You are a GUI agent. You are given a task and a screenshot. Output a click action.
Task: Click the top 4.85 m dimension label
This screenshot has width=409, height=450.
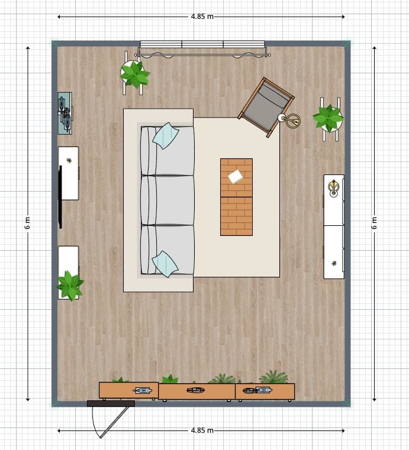coord(202,17)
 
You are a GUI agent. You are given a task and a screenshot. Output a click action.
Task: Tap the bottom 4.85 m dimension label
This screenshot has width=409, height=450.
coord(202,430)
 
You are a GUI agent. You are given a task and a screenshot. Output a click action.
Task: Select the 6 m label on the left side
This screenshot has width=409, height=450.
coord(28,223)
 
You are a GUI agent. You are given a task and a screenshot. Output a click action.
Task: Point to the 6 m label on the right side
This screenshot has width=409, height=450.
coord(374,223)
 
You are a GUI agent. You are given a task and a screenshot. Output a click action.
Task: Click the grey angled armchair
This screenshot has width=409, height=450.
coord(266,107)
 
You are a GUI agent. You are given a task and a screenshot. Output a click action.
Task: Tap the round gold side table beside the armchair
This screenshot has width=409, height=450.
coord(292,120)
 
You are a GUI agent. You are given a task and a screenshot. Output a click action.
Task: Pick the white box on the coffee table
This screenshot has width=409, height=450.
coord(236,176)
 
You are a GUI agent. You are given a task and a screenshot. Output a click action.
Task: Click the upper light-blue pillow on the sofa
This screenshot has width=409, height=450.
coord(166,136)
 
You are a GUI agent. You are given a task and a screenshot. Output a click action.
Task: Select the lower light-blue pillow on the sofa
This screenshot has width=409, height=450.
coord(165,264)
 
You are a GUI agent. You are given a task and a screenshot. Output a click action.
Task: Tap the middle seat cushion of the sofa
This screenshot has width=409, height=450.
coord(168,200)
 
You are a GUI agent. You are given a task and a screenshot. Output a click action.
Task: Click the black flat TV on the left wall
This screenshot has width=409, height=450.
coord(60,197)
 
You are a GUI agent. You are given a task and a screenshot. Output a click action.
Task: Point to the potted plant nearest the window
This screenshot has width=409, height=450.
coord(134,74)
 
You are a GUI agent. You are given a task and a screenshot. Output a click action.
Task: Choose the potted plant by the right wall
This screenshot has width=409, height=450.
coord(328,118)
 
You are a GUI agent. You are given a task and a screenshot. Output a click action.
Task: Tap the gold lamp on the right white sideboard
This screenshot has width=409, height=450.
coord(333,188)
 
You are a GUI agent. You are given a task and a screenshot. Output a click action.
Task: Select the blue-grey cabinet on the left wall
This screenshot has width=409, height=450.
coord(65,114)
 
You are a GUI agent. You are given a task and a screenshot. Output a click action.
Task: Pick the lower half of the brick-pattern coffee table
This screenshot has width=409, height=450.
coord(236,216)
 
